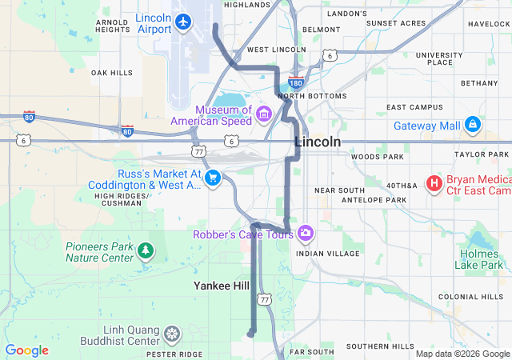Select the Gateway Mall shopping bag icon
473,125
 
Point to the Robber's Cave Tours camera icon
305,234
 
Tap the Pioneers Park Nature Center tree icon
145,251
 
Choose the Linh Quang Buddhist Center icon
171,333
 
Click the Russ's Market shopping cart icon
212,178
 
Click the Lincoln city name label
318,142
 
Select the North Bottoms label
318,96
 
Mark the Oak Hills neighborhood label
111,73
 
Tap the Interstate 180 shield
295,82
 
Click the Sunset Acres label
396,23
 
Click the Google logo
27,350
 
